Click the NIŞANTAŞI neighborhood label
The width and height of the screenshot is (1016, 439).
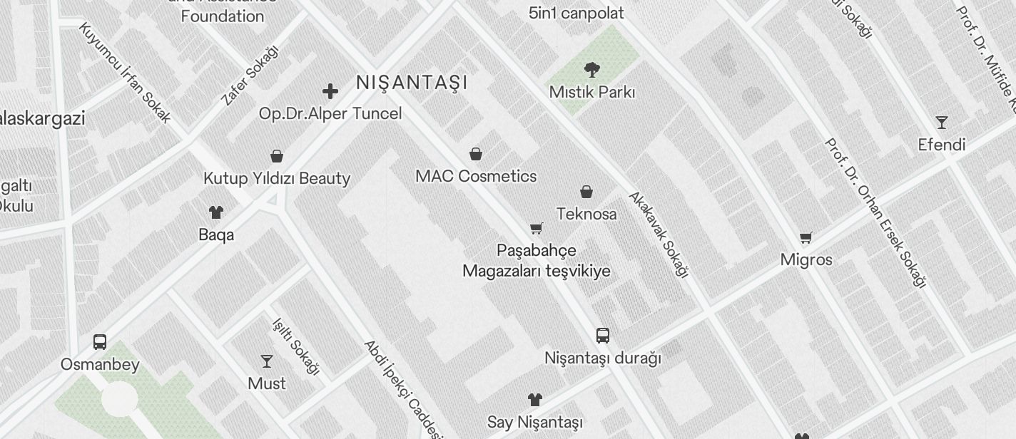coord(412,83)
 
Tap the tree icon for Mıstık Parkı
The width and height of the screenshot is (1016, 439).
coord(591,70)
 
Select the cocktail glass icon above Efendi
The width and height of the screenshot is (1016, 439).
coord(942,123)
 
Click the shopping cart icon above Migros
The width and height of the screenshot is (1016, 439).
coord(806,237)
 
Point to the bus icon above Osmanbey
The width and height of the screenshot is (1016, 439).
coord(100,342)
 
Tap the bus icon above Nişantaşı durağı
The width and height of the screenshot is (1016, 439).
coord(603,336)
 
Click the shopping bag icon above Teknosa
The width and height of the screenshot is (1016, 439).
coord(586,192)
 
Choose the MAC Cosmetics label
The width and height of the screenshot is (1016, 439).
coord(476,176)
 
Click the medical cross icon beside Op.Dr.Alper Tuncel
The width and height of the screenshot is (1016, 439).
coord(330,91)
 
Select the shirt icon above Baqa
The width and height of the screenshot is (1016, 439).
coord(215,212)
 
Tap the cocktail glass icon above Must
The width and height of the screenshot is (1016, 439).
coord(267,361)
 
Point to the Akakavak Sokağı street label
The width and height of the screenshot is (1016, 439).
coord(659,234)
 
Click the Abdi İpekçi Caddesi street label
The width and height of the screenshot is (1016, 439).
coord(404,389)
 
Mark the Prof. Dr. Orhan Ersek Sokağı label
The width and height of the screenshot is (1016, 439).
coord(875,213)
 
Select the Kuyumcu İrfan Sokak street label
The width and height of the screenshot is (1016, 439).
coord(125,73)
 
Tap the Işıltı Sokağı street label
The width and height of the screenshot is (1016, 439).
coord(295,346)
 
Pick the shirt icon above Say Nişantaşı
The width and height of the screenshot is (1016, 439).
coord(535,400)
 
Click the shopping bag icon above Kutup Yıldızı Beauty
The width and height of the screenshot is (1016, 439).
coord(277,156)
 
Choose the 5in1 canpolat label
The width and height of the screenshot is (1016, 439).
coord(576,13)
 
